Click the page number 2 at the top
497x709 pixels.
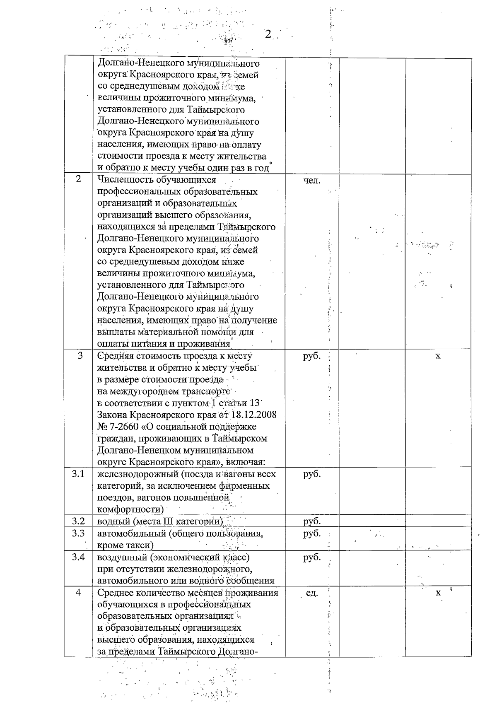click(268, 35)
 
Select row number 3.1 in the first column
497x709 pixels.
click(78, 474)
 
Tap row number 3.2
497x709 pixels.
click(78, 521)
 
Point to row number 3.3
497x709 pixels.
click(78, 533)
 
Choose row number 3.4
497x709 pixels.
click(78, 557)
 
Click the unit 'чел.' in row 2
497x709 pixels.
click(312, 180)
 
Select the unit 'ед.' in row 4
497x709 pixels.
click(312, 593)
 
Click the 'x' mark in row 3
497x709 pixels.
click(438, 356)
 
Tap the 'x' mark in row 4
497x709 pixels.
click(438, 593)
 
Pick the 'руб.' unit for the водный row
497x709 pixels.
click(312, 521)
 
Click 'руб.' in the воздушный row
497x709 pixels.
click(312, 557)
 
